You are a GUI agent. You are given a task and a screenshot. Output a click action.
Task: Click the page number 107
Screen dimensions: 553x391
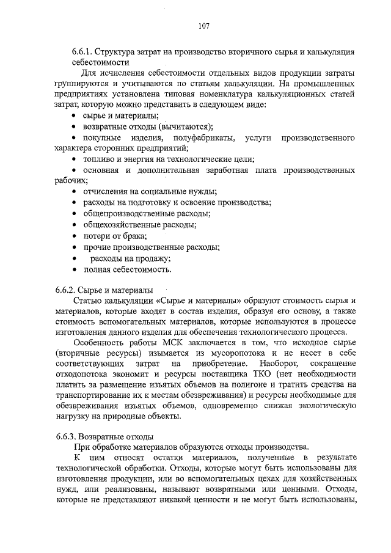point(205,26)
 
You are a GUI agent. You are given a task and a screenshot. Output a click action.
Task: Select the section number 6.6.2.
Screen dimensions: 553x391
point(64,290)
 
